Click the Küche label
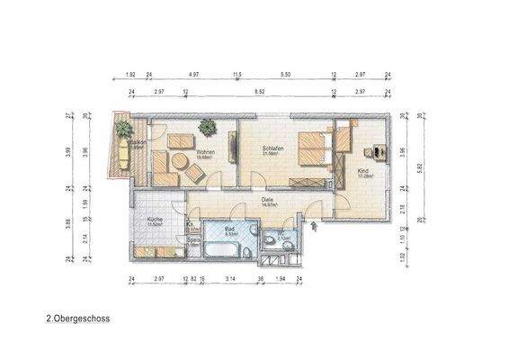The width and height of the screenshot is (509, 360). click(155, 219)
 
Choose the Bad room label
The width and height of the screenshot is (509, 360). click(229, 229)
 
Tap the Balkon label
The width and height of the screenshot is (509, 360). click(138, 142)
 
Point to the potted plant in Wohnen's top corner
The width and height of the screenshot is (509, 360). click(206, 127)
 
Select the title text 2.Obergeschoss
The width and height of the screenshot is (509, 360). click(77, 318)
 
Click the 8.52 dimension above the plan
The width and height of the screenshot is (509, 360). click(259, 92)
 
